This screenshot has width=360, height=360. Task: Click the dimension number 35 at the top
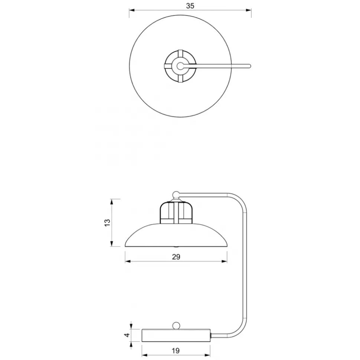[x=190, y=6]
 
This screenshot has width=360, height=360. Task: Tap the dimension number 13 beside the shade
[x=108, y=223]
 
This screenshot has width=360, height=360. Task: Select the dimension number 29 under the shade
[x=176, y=257]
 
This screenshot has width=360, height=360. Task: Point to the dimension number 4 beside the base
[x=127, y=335]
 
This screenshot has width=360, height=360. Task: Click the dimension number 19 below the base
[x=176, y=351]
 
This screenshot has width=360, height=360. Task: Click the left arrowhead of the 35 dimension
[x=132, y=10]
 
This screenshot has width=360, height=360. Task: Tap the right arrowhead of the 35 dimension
[x=249, y=10]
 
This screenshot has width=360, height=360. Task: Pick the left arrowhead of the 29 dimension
[x=128, y=261]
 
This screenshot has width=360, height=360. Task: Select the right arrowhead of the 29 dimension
[x=225, y=261]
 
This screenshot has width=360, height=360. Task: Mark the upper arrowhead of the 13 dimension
[x=112, y=202]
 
